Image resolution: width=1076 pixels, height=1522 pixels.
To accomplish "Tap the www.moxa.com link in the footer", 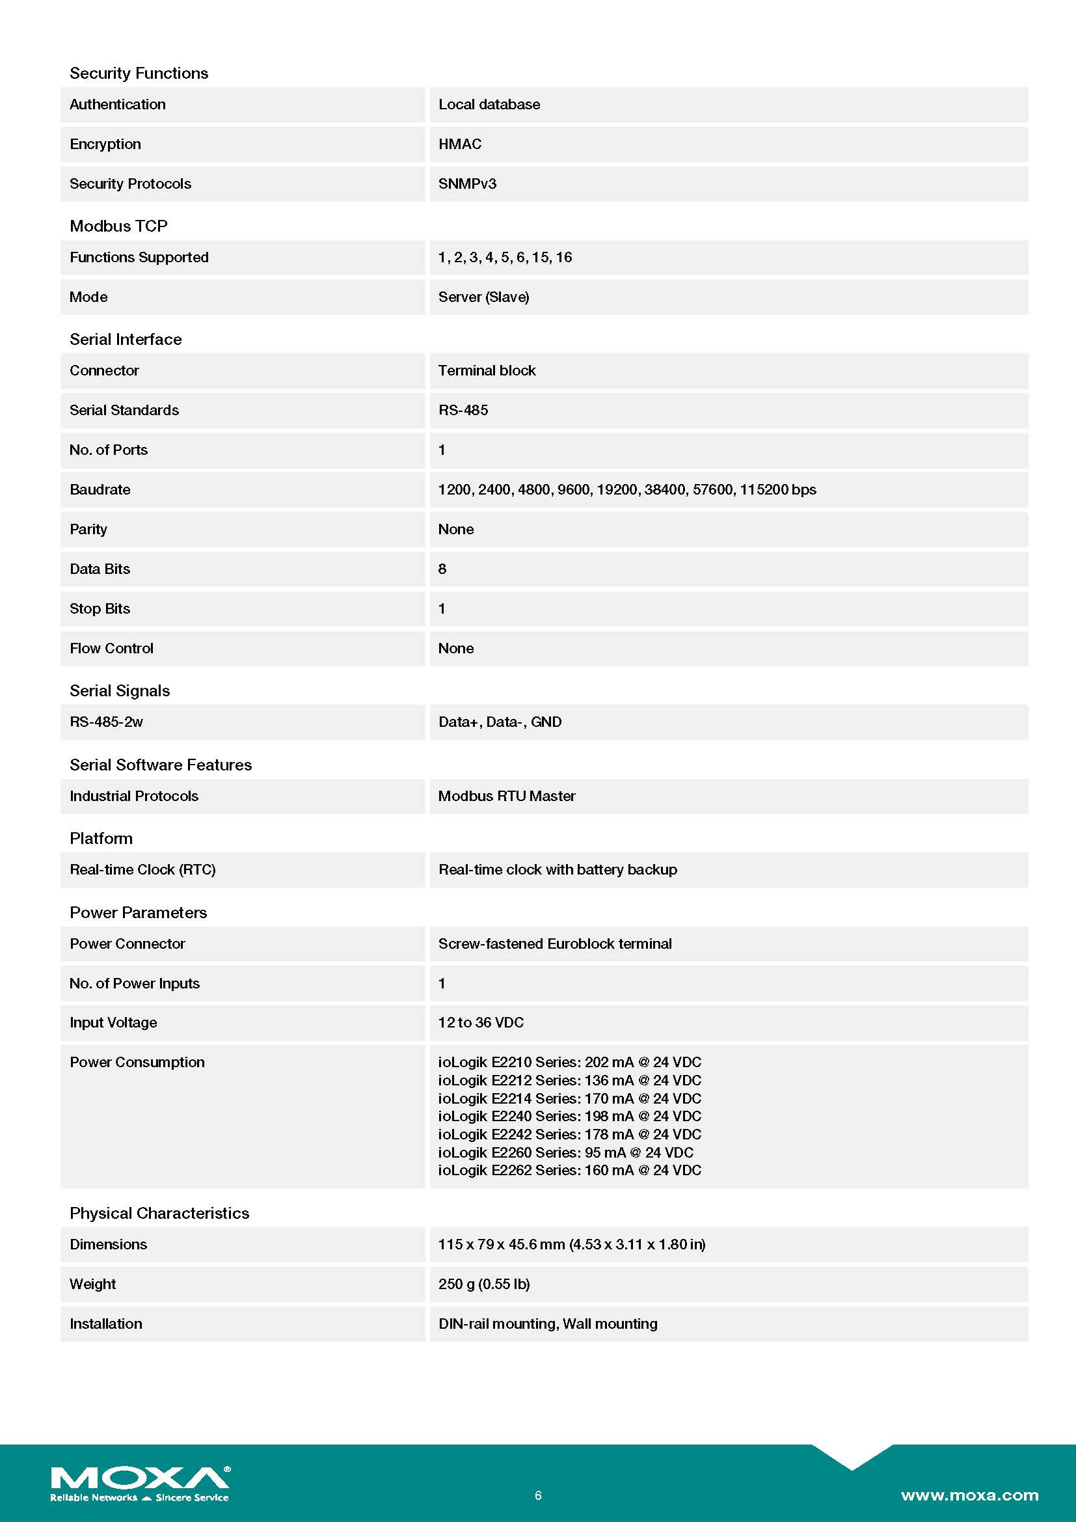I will [969, 1495].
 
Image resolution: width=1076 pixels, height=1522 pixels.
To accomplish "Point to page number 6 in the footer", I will [538, 1495].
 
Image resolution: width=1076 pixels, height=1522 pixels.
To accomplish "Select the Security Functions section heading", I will [139, 73].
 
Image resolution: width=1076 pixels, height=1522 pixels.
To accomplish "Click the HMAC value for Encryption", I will [460, 144].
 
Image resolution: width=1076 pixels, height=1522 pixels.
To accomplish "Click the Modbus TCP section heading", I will [118, 226].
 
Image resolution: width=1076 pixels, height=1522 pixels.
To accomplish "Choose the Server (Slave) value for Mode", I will [483, 297].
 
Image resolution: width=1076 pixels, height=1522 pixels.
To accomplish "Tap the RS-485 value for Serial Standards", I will [463, 411].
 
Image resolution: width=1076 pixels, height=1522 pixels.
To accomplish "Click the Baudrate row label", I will [100, 490].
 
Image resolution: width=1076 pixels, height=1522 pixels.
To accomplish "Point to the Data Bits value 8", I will [442, 569].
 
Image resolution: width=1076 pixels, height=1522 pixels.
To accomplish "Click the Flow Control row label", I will [111, 648].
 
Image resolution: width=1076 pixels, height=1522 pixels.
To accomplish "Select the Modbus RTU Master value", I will [507, 796].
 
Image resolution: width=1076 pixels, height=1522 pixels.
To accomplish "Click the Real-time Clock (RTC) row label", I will [142, 870].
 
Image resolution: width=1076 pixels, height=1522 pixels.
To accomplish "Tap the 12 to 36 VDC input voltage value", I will [481, 1022].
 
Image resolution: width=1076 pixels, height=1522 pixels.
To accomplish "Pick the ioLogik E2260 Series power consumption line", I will [566, 1152].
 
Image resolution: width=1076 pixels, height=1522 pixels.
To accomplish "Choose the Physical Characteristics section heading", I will [159, 1213].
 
